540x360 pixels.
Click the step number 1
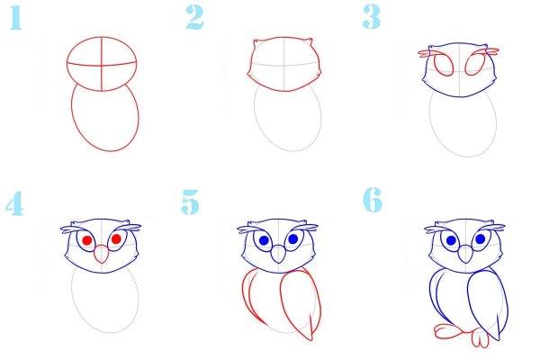coord(14,19)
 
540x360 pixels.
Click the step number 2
coord(195,17)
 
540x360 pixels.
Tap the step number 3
coord(373,17)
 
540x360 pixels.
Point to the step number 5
coord(190,202)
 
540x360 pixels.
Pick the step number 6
coord(373,200)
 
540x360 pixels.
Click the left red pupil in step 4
coord(87,241)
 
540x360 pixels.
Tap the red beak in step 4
coord(102,256)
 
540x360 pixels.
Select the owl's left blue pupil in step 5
coord(264,240)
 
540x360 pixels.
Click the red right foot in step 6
coord(481,338)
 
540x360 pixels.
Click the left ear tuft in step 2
coord(256,43)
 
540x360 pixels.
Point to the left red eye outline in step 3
coord(444,65)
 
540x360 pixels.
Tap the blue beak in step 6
coord(464,256)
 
